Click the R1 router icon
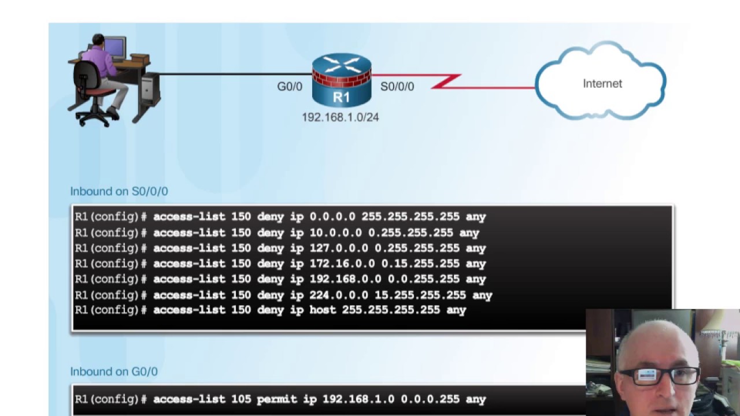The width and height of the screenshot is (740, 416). click(342, 80)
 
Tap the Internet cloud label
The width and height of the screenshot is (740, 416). click(602, 84)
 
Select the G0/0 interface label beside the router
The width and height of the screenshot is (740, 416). click(290, 87)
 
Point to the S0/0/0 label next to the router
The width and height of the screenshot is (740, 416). click(397, 87)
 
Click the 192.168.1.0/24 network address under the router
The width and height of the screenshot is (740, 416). click(341, 117)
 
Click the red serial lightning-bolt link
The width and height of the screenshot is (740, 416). click(453, 81)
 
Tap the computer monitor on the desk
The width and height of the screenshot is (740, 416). click(114, 49)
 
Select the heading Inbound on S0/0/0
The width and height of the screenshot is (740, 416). click(119, 191)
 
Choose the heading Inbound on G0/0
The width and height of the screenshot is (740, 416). click(114, 372)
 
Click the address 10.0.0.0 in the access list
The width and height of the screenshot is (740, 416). click(336, 233)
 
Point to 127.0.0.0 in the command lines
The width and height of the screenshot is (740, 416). click(339, 248)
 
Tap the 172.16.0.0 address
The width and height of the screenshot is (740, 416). click(342, 263)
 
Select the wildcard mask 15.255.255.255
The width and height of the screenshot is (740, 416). click(420, 295)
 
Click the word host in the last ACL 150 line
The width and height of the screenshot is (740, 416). click(323, 310)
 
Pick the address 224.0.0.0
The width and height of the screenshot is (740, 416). click(339, 295)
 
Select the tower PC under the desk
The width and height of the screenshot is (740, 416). click(150, 90)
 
